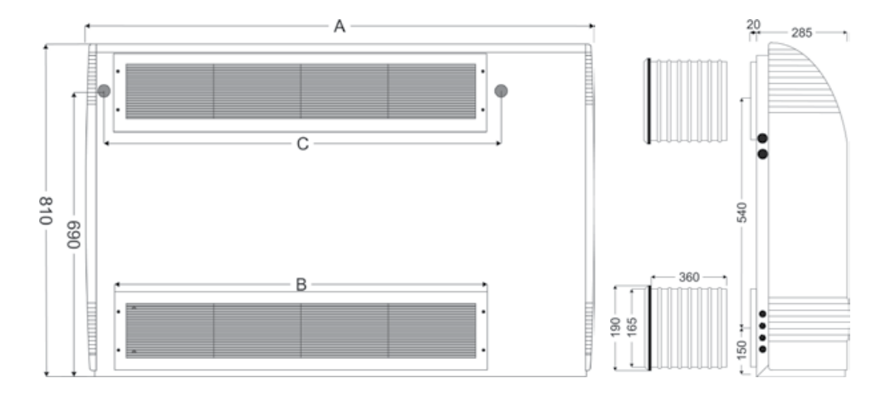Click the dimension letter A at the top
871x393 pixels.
[340, 26]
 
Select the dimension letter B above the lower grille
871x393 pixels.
[301, 285]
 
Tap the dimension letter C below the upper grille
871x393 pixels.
[302, 144]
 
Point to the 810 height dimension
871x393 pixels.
[45, 209]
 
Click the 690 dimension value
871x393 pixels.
[74, 233]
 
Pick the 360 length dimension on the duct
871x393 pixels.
[689, 278]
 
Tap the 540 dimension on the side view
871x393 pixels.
[742, 213]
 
